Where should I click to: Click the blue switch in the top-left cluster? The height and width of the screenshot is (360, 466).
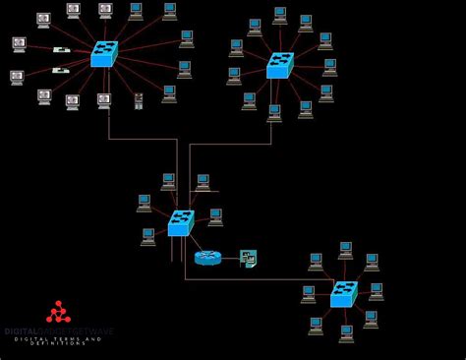104,53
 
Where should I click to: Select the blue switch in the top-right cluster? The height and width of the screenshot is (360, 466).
279,65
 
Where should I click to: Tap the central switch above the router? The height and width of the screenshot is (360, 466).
181,223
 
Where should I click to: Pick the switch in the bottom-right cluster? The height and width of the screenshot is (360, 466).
343,293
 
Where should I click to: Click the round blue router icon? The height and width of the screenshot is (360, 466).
207,258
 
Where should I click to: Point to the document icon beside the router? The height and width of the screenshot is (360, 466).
249,259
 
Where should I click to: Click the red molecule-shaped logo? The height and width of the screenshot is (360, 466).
58,313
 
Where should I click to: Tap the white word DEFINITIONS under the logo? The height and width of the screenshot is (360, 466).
57,343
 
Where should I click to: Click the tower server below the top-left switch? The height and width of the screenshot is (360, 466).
139,100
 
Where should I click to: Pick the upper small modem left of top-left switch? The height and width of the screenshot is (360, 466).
61,49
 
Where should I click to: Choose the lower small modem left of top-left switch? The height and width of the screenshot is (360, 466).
61,70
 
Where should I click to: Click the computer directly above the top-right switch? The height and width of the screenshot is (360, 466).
280,16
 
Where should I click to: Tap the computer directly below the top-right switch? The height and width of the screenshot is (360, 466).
274,112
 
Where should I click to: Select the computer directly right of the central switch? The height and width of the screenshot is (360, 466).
215,216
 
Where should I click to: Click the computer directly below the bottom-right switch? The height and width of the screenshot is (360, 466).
346,332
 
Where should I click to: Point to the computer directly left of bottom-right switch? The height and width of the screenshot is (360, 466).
309,293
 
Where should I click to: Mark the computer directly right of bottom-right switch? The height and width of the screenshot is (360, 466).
376,291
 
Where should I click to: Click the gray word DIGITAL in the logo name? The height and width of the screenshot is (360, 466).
19,331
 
